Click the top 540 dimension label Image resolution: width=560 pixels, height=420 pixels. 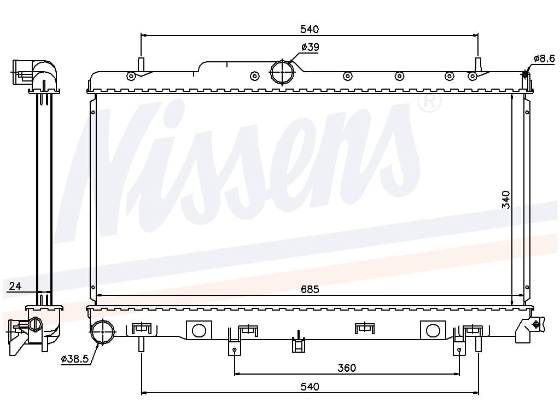[x=310, y=29]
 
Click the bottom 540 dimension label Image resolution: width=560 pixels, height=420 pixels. [x=310, y=387]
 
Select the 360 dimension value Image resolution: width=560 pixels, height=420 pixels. [x=347, y=367]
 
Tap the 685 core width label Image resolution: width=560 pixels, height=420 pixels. [x=310, y=289]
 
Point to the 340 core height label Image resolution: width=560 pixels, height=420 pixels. [x=506, y=200]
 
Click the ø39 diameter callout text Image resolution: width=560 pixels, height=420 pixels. [x=310, y=47]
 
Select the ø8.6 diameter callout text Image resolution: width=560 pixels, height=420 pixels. [x=544, y=58]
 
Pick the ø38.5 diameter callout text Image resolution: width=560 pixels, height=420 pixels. [x=74, y=359]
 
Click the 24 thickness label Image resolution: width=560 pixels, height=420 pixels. [x=15, y=285]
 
